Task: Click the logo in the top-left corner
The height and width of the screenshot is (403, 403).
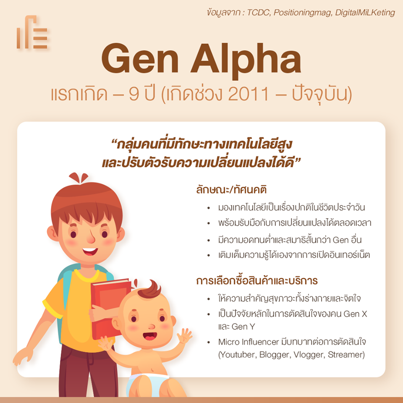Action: [x=32, y=32]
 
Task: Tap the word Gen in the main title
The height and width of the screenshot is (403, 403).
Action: [x=140, y=59]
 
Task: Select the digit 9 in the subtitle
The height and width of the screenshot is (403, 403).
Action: [x=134, y=94]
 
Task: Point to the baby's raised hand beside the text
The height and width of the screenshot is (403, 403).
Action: [x=185, y=336]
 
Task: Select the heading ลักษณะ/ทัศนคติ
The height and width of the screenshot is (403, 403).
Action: [x=231, y=190]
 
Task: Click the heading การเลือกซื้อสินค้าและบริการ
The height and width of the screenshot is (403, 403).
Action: [x=257, y=280]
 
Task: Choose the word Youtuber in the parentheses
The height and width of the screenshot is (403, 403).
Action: [x=238, y=355]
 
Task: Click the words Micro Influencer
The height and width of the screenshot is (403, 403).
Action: [x=249, y=342]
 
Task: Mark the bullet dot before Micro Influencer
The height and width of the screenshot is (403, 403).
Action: [x=209, y=343]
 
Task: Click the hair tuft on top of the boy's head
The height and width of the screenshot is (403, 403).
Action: [x=79, y=178]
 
